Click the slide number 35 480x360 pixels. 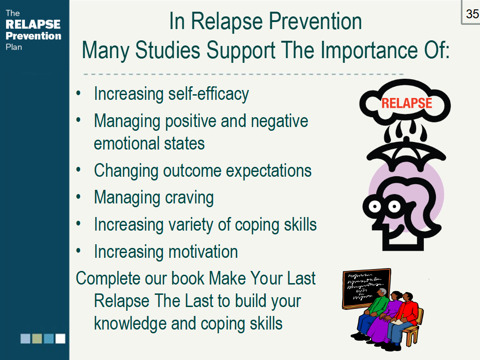(472, 14)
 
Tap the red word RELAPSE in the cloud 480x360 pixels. (406, 103)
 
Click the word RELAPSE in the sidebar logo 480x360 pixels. (33, 24)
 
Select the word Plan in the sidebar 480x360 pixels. (14, 47)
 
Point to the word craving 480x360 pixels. (189, 198)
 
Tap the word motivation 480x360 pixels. (203, 252)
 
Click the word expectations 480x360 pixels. (269, 171)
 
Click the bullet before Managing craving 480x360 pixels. (78, 196)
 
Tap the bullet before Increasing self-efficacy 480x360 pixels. (78, 93)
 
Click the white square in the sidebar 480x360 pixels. (60, 338)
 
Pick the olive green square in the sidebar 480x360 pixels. (37, 338)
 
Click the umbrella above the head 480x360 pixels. (406, 153)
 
